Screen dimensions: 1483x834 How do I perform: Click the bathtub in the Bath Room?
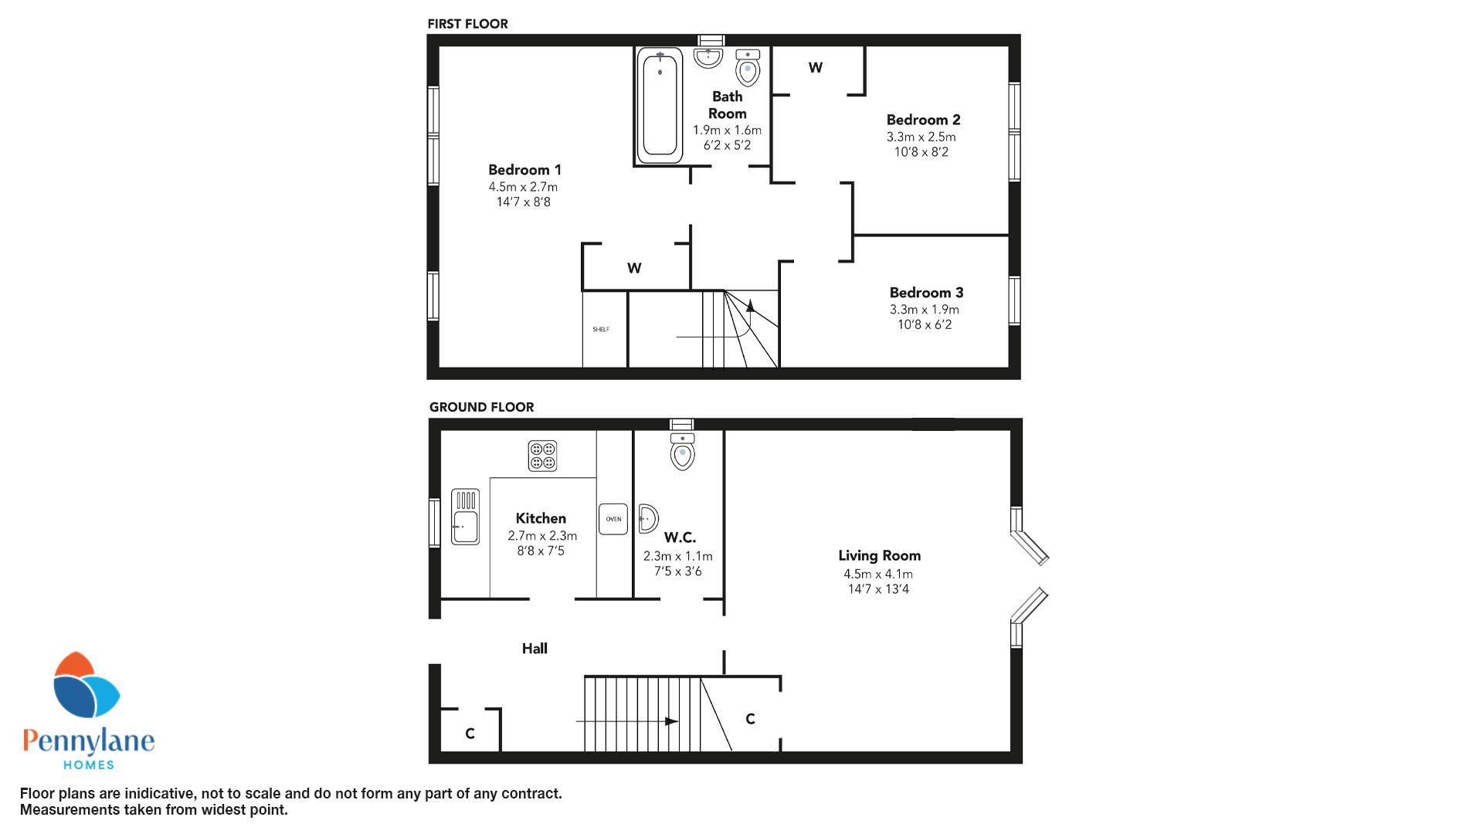[660, 106]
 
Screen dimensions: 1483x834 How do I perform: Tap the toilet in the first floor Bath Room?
[748, 67]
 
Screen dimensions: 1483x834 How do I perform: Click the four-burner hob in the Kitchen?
[542, 456]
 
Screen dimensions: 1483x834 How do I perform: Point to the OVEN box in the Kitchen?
[614, 519]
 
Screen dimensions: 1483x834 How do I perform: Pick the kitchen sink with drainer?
[465, 517]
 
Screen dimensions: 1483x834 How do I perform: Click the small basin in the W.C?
[648, 519]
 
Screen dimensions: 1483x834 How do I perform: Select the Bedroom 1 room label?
[524, 170]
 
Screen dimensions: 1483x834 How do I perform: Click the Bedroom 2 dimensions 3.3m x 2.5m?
[921, 137]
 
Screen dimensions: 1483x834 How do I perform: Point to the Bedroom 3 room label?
[926, 293]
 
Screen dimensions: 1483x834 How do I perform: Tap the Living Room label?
[880, 555]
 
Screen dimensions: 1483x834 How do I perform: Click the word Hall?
[534, 649]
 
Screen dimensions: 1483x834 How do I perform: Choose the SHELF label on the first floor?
[601, 329]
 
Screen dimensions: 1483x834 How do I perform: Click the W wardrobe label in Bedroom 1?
[634, 269]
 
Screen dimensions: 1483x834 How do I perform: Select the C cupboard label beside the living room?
[750, 719]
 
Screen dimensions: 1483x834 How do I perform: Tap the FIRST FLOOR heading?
[468, 24]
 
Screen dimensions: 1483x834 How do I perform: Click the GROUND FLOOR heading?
[482, 407]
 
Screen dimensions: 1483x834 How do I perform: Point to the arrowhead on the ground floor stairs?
[672, 721]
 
